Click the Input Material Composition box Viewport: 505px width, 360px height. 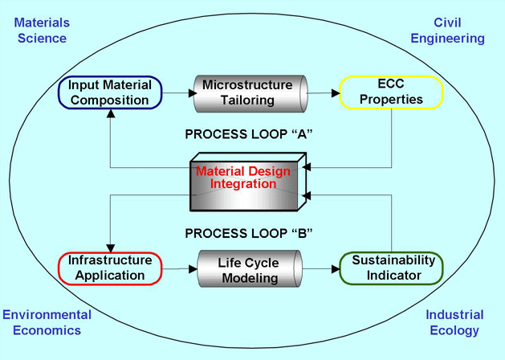point(108,92)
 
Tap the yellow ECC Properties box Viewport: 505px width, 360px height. point(391,92)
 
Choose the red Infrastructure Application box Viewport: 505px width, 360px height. point(108,268)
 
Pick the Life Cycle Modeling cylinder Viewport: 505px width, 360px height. point(247,270)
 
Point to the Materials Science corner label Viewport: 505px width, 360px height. point(40,31)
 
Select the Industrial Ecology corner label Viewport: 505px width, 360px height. point(454,322)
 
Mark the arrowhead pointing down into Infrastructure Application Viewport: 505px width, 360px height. point(110,246)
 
